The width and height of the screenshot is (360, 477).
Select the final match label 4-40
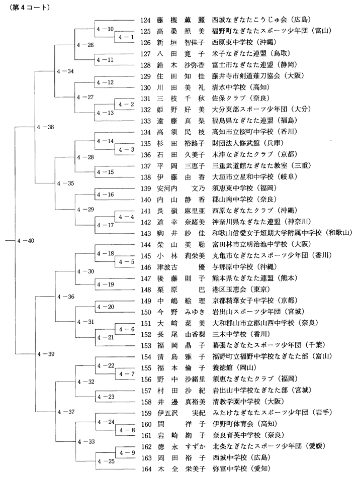[26, 241]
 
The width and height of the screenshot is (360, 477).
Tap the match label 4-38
[45, 127]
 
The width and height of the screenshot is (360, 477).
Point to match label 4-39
[46, 354]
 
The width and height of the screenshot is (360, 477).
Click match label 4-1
[126, 37]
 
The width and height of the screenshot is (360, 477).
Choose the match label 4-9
[127, 453]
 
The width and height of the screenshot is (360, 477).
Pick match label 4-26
[85, 45]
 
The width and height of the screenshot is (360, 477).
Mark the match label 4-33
[86, 441]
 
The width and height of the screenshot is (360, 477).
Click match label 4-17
[105, 225]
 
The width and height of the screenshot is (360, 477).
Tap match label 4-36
[66, 297]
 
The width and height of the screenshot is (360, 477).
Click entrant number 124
[145, 20]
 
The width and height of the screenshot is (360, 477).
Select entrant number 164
[146, 469]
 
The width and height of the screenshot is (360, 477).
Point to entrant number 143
[146, 233]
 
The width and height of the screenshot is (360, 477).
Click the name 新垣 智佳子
[181, 42]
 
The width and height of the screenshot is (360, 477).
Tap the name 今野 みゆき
[182, 312]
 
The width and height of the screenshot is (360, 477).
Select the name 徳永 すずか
[182, 446]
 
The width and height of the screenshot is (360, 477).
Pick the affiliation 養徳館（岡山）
[234, 368]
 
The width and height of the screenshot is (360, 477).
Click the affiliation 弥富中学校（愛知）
[241, 469]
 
